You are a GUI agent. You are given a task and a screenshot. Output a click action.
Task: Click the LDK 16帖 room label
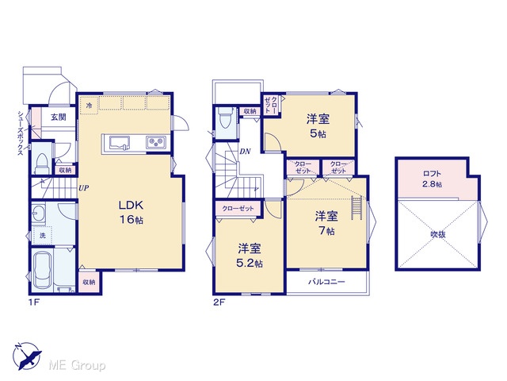coord(132,212)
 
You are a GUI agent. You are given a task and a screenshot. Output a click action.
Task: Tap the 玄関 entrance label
coord(58,117)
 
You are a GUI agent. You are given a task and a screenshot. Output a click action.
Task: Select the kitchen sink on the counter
coord(120,143)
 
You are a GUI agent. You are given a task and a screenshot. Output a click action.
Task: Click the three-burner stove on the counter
coord(156,142)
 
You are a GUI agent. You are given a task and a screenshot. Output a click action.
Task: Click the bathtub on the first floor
coord(42,271)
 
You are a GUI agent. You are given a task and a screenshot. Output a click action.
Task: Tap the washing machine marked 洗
coord(43,236)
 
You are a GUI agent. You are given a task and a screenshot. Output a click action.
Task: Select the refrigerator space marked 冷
coord(89,106)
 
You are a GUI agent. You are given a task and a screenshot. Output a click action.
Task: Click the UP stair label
coord(83,188)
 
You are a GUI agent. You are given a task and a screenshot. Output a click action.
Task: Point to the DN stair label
coord(245,152)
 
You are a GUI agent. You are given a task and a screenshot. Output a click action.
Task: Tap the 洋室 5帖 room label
coord(318,126)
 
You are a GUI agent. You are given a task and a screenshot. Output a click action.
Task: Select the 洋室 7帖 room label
coord(326,223)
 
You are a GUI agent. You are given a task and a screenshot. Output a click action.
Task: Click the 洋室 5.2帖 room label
coord(250,256)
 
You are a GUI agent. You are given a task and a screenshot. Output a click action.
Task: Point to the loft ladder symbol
coord(356,208)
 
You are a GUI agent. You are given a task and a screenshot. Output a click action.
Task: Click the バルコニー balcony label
coord(326,282)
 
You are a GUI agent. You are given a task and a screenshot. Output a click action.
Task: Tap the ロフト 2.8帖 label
coord(433,179)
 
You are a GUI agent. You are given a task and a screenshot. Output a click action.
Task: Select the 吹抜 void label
coord(438,234)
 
